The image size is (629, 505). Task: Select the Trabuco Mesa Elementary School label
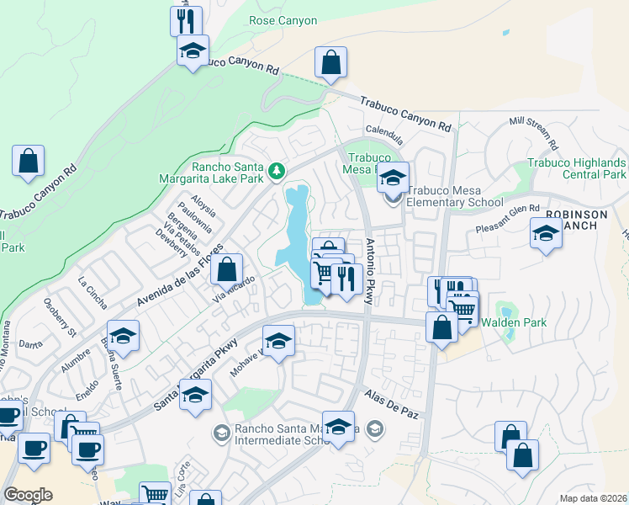pyautogui.click(x=454, y=197)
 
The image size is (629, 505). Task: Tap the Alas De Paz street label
pyautogui.click(x=391, y=406)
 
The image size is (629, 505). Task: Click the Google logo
pyautogui.click(x=28, y=495)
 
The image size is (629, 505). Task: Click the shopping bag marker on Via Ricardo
pyautogui.click(x=226, y=270)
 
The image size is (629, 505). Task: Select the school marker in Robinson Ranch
pyautogui.click(x=547, y=233)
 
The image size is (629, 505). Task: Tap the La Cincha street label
pyautogui.click(x=92, y=291)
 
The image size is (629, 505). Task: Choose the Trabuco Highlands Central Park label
pyautogui.click(x=577, y=168)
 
